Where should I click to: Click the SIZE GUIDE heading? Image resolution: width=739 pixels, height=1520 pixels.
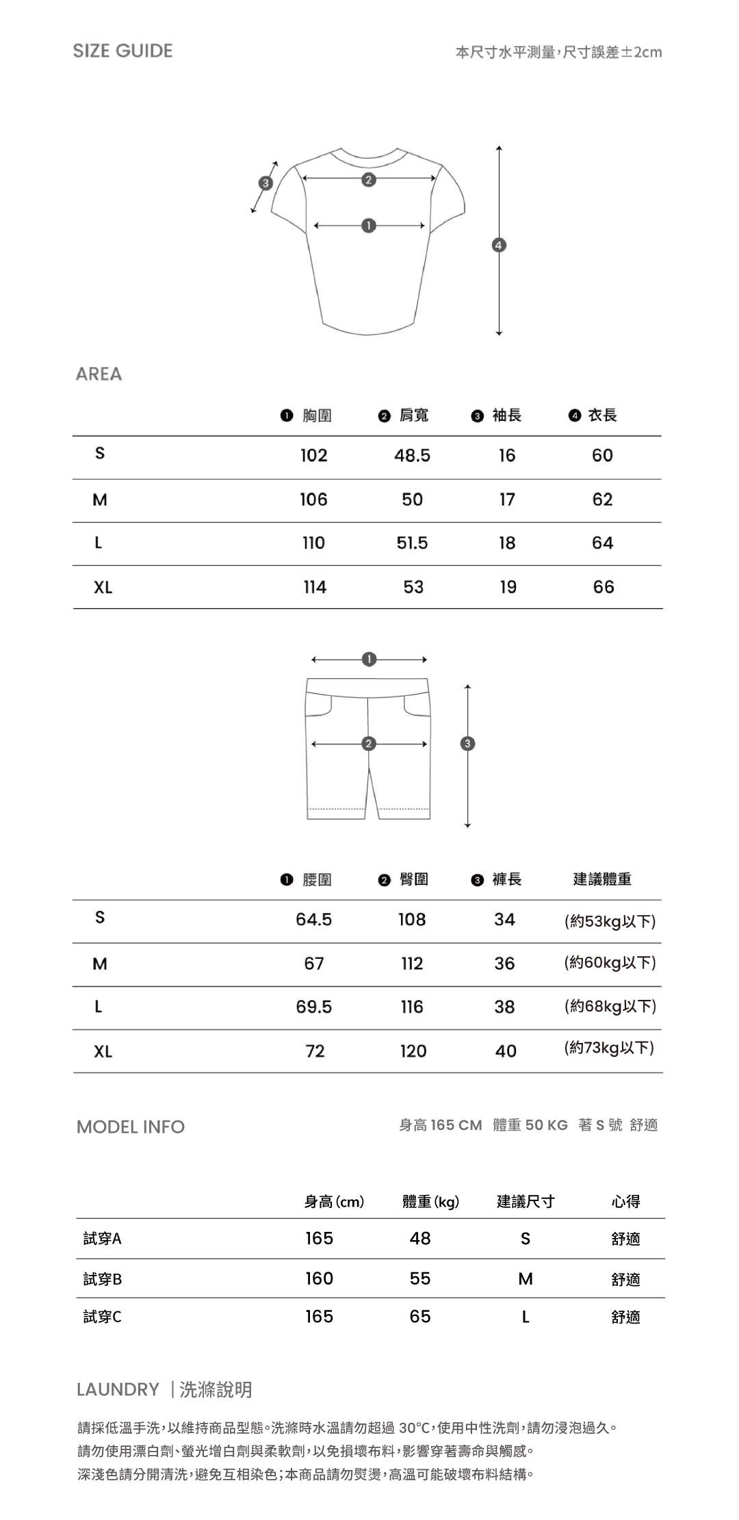click(123, 51)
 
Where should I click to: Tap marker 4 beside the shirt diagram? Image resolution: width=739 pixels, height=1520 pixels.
click(499, 245)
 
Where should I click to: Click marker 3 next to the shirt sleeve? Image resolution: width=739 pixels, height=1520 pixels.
click(265, 183)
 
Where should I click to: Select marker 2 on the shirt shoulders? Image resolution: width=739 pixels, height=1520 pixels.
click(369, 180)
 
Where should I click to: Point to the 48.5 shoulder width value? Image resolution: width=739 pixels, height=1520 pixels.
click(412, 456)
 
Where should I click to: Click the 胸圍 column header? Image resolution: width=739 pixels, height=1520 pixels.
click(317, 415)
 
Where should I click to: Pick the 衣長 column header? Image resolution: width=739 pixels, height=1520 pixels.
click(602, 415)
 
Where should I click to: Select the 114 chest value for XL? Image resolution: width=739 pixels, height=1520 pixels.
click(315, 587)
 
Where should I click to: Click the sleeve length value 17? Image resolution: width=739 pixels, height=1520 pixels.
click(507, 500)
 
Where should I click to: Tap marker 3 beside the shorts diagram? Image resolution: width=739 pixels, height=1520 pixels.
click(467, 744)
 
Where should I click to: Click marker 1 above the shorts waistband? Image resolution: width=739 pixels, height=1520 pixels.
click(369, 659)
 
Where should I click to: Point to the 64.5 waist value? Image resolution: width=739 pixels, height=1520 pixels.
click(313, 920)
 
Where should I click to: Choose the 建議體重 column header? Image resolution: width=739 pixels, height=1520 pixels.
click(602, 879)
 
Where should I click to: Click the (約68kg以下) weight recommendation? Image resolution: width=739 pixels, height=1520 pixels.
click(610, 1007)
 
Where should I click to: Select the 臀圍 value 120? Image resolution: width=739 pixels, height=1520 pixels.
click(413, 1051)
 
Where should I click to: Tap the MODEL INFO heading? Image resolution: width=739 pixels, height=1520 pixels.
click(131, 1127)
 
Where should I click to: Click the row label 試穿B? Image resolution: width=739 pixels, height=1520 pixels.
click(103, 1279)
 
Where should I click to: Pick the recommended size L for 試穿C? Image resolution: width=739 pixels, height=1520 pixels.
click(526, 1317)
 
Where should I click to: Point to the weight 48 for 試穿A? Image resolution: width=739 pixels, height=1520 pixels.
click(420, 1238)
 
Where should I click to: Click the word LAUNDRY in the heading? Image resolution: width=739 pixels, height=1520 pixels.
click(118, 1389)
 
